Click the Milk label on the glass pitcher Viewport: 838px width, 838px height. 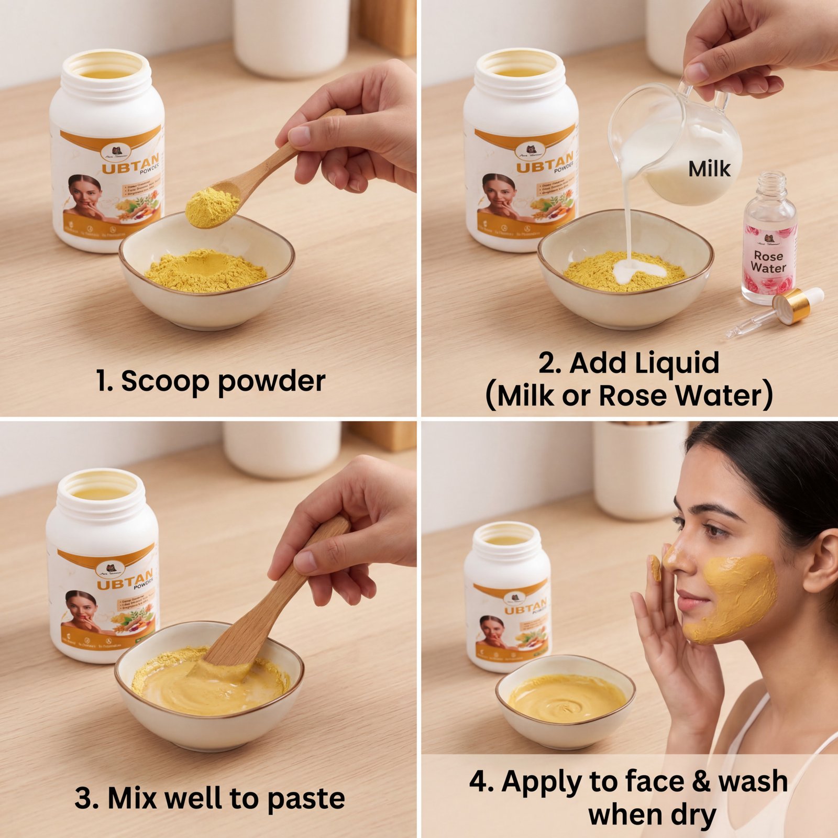(x=709, y=169)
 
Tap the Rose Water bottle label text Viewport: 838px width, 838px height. (x=768, y=262)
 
